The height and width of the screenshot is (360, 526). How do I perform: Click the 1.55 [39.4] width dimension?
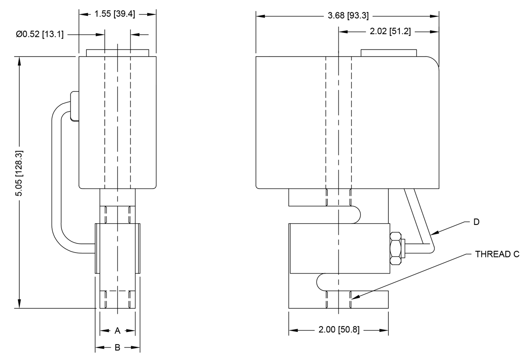point(117,14)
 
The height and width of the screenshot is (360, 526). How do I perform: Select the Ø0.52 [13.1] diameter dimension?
point(40,34)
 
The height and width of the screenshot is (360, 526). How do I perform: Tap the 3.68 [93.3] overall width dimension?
point(348,16)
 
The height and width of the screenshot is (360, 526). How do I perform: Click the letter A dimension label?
point(117,330)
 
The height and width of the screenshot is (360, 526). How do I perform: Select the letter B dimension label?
point(117,348)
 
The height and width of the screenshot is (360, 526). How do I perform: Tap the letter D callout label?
point(476,222)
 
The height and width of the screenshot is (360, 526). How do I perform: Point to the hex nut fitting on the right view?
point(396,248)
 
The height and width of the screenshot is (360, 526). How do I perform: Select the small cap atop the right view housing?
point(388,53)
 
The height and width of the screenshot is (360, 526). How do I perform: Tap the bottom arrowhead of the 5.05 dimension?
point(19,304)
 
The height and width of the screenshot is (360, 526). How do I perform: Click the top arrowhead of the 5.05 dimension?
point(19,61)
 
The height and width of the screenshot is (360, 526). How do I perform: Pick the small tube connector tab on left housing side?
point(74,105)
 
